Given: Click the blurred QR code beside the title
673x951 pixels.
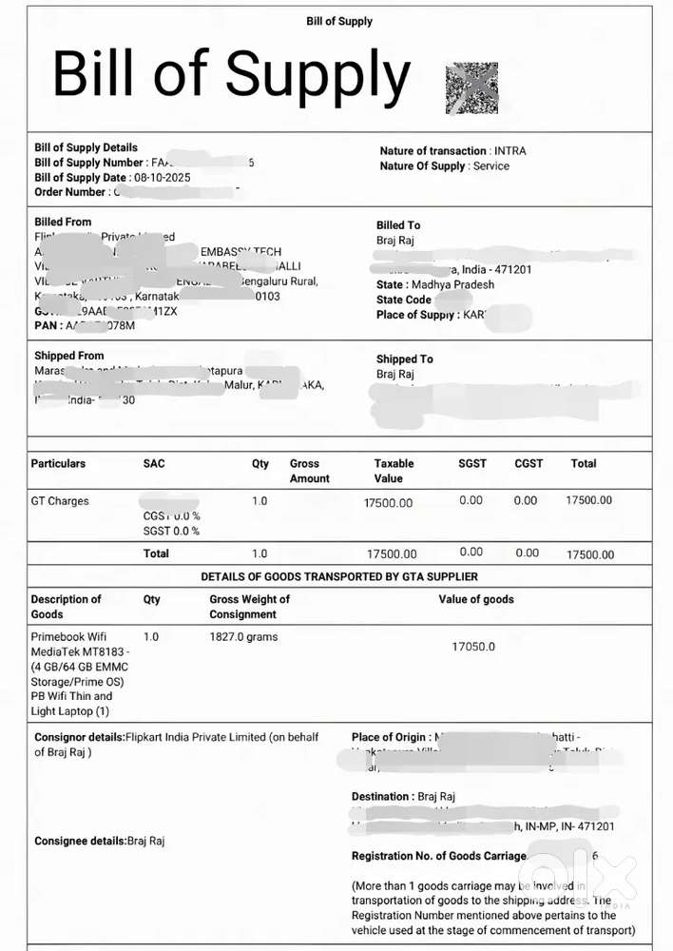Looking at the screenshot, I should (x=471, y=88).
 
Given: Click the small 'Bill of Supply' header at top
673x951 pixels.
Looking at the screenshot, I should (x=339, y=21).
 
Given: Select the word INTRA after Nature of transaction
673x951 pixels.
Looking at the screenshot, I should (x=510, y=151).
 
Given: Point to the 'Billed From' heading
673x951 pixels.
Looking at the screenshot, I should (x=63, y=222).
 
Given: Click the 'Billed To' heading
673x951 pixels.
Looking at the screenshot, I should (x=397, y=225).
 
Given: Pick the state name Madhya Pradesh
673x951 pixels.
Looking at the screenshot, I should (x=452, y=284).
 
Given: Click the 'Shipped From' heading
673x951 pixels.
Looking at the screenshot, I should (x=68, y=356).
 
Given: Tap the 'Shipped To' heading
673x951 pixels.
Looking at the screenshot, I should (x=404, y=359).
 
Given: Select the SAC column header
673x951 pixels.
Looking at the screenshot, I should (x=154, y=463).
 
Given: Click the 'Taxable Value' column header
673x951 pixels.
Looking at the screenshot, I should (x=394, y=471).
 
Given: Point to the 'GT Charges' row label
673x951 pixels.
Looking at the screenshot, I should (x=60, y=501).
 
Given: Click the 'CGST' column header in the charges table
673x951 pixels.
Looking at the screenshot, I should (x=529, y=463).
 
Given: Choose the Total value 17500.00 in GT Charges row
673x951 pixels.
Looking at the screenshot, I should (x=589, y=500).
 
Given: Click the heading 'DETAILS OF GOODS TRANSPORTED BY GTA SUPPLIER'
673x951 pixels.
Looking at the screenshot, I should (x=339, y=576).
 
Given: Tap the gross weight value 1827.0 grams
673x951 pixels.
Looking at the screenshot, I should (x=243, y=636).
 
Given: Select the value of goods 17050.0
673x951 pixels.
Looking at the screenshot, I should (x=473, y=647).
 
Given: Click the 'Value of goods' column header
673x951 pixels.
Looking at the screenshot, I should (x=475, y=599).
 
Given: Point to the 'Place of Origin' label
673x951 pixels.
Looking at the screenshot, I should (x=390, y=737).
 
